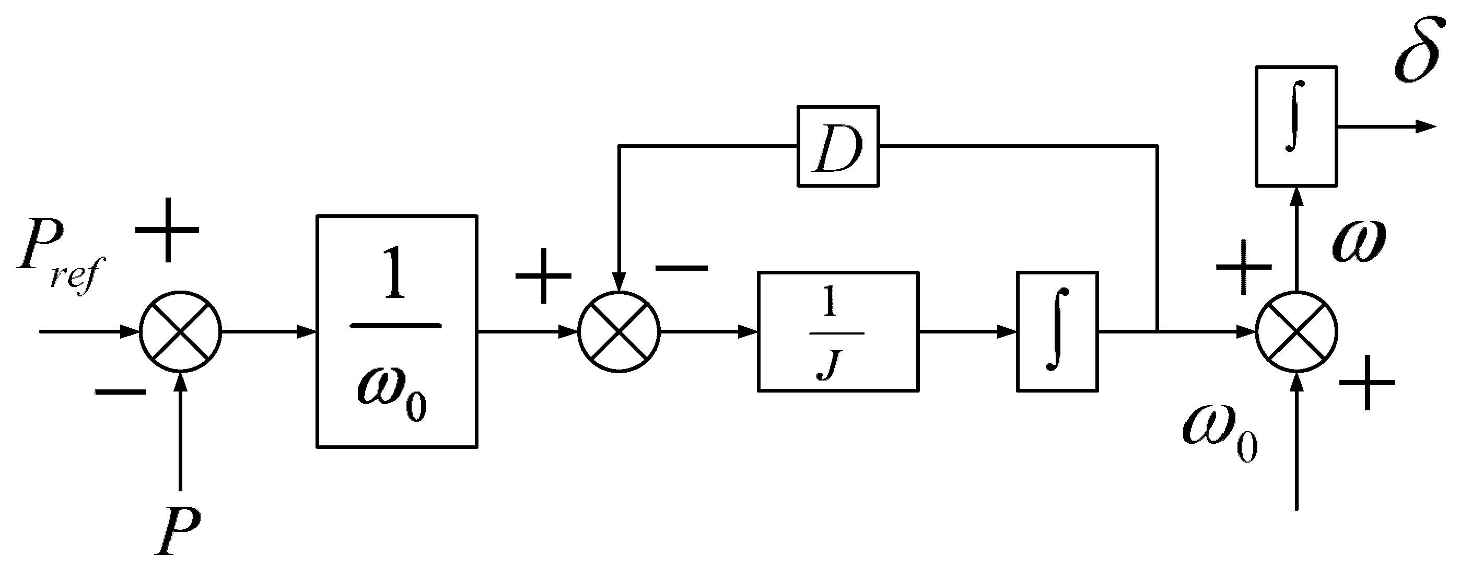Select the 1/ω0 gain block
point(397,332)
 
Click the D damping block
point(838,146)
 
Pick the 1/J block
point(838,332)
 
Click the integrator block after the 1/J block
point(1057,332)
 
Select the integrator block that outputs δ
point(1296,126)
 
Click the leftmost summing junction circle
point(180,332)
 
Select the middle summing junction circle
point(619,332)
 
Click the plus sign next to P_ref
point(167,230)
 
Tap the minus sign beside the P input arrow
point(120,391)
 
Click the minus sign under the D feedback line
point(681,267)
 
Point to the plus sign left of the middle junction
point(543,275)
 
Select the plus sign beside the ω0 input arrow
point(1367,383)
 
